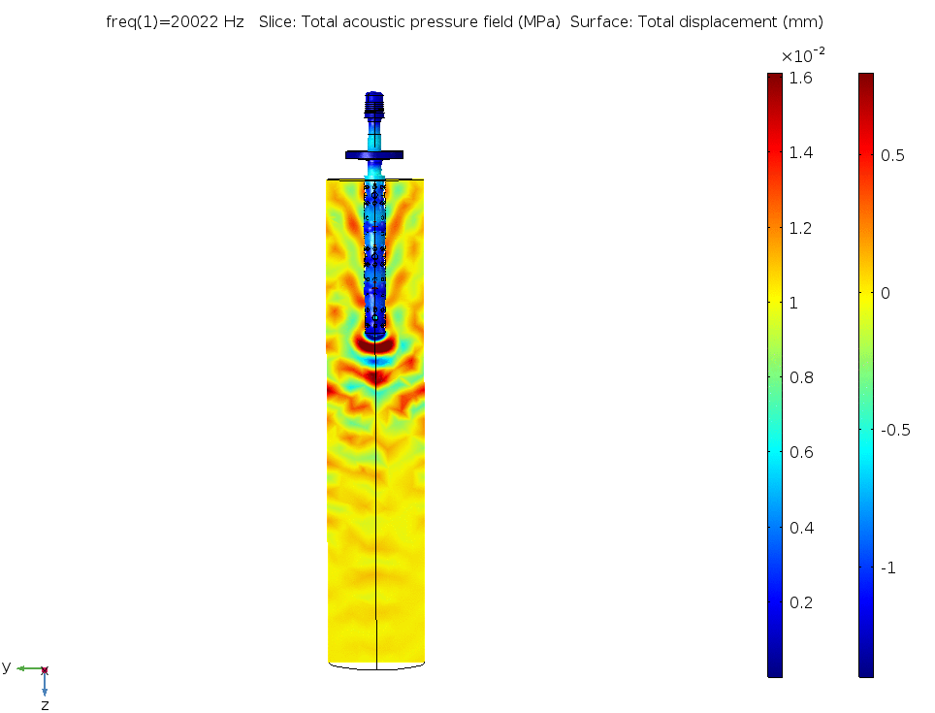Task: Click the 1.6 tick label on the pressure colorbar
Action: point(800,79)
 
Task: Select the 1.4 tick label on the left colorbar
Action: point(800,152)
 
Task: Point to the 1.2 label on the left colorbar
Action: point(800,228)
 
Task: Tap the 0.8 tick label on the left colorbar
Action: point(801,377)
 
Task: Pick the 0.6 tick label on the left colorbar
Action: point(801,452)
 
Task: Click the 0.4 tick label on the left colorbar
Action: point(801,528)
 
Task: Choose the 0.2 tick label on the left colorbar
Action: point(801,602)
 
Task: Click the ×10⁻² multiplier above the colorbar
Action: point(803,55)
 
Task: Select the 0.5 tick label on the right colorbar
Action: point(892,155)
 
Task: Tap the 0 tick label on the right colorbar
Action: point(885,293)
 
